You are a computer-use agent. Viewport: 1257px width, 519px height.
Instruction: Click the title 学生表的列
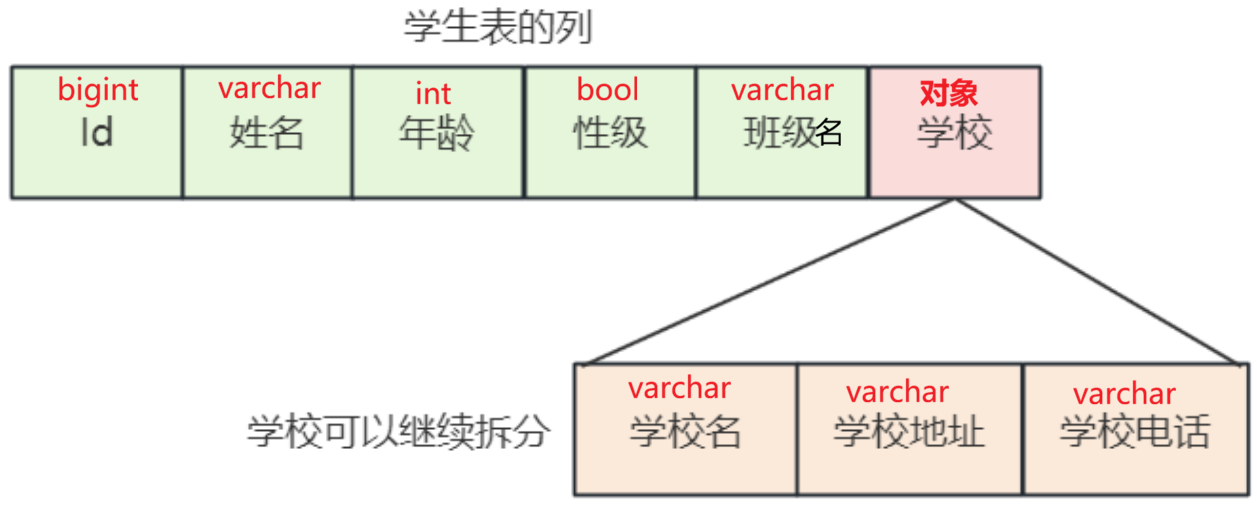pyautogui.click(x=498, y=28)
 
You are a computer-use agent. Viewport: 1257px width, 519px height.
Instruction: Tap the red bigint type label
pyautogui.click(x=98, y=90)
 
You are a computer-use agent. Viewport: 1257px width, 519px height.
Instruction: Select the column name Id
pyautogui.click(x=97, y=132)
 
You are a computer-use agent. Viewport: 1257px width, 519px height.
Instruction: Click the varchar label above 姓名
pyautogui.click(x=269, y=88)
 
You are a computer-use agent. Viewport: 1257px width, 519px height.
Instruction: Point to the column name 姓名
pyautogui.click(x=267, y=132)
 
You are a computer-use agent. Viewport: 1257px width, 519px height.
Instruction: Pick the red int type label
pyautogui.click(x=433, y=93)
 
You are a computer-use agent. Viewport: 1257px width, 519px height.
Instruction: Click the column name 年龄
pyautogui.click(x=437, y=133)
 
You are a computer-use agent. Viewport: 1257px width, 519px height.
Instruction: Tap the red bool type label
pyautogui.click(x=607, y=89)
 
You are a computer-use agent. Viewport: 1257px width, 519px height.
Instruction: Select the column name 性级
pyautogui.click(x=610, y=133)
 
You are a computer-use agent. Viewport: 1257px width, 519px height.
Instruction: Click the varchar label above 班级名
pyautogui.click(x=782, y=90)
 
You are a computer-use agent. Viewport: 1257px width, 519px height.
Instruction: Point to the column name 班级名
pyautogui.click(x=793, y=133)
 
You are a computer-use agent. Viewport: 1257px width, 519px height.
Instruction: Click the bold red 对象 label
pyautogui.click(x=948, y=93)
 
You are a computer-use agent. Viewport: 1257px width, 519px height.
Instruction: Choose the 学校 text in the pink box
pyautogui.click(x=955, y=133)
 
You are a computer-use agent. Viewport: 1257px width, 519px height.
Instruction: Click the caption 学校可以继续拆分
pyautogui.click(x=398, y=432)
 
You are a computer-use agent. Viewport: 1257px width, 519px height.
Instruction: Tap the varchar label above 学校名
pyautogui.click(x=679, y=388)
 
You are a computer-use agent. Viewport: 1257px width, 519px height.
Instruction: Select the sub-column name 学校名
pyautogui.click(x=685, y=431)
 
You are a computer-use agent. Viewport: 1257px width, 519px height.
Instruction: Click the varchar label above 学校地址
pyautogui.click(x=897, y=392)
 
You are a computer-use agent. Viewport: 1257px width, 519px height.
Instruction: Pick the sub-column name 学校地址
pyautogui.click(x=909, y=432)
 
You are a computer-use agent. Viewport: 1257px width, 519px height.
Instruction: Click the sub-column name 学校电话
pyautogui.click(x=1135, y=432)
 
